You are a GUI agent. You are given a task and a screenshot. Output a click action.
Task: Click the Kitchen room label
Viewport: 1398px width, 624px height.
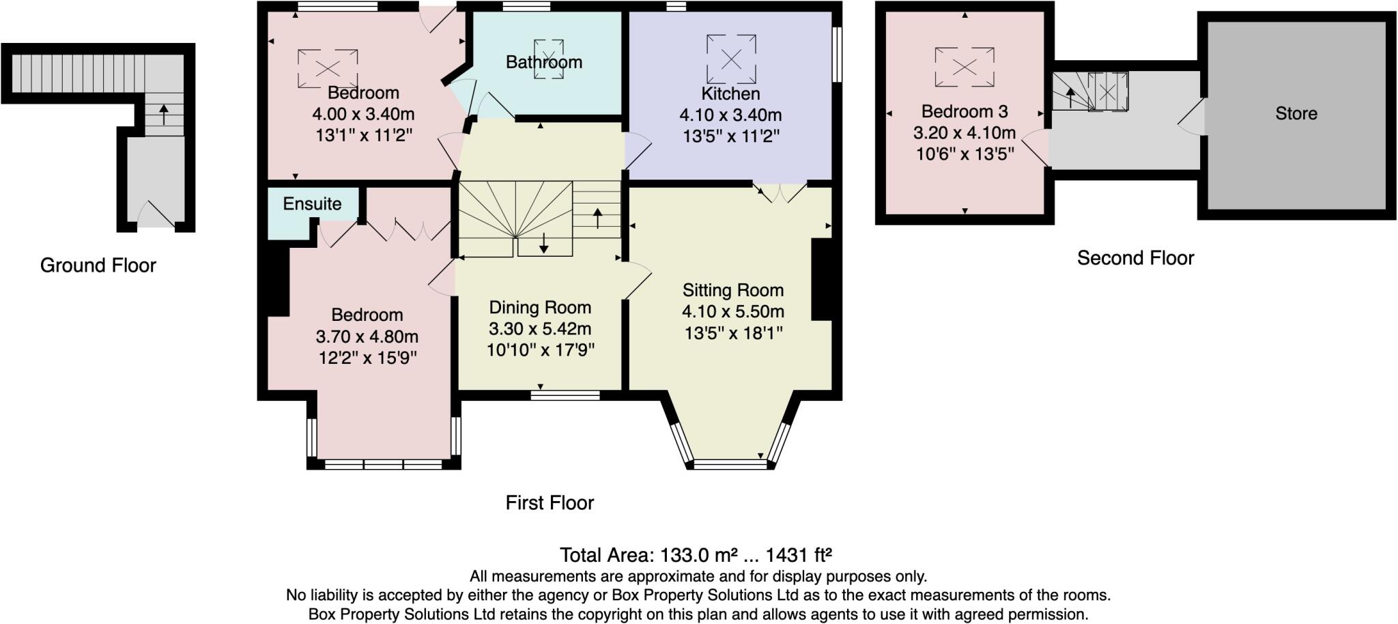click(730, 94)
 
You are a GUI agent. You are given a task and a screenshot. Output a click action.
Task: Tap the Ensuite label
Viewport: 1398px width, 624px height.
click(312, 203)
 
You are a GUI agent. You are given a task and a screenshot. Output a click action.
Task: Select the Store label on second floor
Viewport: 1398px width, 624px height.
click(1296, 113)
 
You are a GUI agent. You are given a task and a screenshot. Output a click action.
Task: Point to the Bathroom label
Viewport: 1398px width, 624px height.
click(544, 62)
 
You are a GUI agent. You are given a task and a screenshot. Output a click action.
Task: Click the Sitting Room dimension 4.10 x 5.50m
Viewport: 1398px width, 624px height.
click(733, 312)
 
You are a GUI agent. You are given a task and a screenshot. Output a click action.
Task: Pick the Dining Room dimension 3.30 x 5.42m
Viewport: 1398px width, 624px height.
click(540, 329)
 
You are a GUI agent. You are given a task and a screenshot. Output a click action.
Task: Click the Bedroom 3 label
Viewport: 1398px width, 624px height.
click(965, 111)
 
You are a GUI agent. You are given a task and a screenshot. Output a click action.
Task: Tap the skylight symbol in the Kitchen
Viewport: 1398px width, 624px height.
click(731, 59)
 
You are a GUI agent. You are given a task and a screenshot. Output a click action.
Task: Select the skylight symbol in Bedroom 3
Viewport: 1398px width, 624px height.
click(965, 67)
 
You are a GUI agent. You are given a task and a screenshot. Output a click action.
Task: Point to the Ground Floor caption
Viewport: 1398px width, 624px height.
click(98, 266)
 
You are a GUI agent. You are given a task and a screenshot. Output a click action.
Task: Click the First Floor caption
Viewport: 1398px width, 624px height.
click(550, 503)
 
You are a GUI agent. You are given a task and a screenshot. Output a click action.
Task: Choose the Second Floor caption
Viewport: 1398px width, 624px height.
click(1135, 258)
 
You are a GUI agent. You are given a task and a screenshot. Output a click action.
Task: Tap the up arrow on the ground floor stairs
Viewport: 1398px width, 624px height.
click(164, 114)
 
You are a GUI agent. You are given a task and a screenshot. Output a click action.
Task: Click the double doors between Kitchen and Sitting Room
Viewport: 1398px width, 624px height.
click(780, 192)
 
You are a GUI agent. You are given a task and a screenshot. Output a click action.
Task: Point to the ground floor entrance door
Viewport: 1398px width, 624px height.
click(156, 214)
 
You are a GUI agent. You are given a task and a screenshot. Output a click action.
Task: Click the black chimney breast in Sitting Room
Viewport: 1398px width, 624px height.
click(822, 279)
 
